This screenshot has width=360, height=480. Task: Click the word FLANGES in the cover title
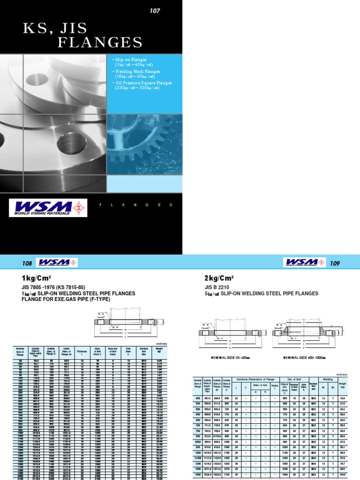click(x=100, y=43)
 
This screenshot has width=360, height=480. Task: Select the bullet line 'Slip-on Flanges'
click(x=132, y=60)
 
